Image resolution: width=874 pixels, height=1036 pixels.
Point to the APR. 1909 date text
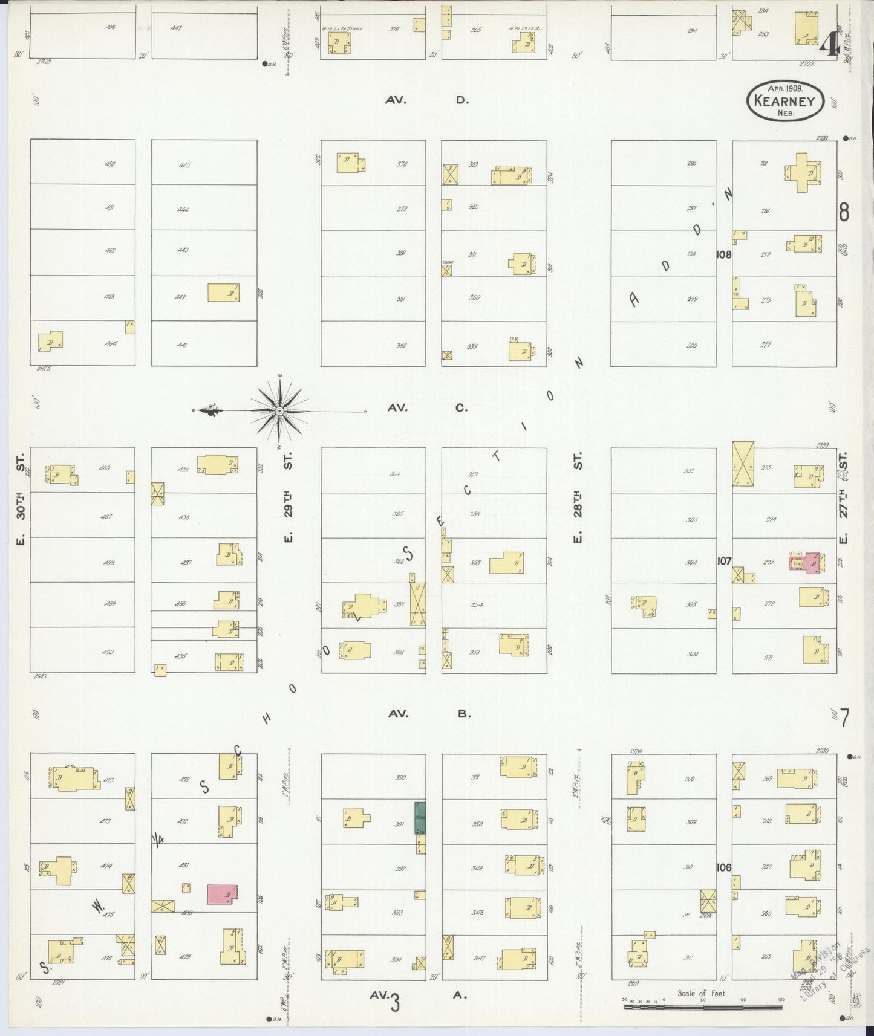point(785,88)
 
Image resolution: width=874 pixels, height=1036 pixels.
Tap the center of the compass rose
point(279,411)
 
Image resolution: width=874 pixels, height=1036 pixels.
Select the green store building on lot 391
point(420,818)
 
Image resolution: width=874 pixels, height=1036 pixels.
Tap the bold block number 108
point(723,254)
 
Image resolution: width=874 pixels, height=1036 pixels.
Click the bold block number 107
point(723,561)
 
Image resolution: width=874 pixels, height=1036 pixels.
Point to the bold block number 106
point(723,867)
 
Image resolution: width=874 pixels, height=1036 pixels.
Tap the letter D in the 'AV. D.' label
point(462,100)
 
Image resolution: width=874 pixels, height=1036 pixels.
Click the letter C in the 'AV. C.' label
point(461,407)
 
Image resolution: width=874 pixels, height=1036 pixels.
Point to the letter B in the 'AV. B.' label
point(463,714)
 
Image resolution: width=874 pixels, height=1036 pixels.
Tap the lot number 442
point(181,297)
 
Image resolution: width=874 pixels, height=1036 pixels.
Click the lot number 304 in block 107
point(691,562)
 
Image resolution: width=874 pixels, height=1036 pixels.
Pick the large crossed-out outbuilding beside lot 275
point(743,464)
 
